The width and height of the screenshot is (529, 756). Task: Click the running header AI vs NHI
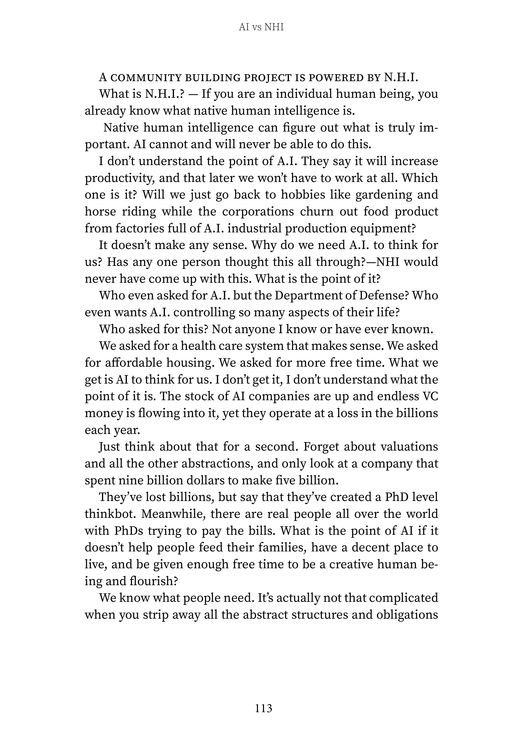pos(261,27)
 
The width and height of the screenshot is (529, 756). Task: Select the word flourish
pos(154,581)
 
